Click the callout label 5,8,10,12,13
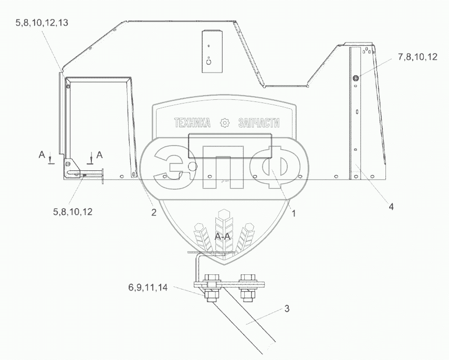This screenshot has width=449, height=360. (x=42, y=23)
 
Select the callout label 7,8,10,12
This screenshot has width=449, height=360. (x=417, y=57)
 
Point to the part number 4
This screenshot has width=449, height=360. (x=391, y=206)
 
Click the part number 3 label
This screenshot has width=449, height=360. (x=287, y=308)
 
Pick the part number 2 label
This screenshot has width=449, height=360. (x=154, y=212)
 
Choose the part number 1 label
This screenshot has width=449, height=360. (x=293, y=213)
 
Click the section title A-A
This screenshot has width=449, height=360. (x=223, y=236)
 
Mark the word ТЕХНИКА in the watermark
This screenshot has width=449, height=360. (x=192, y=123)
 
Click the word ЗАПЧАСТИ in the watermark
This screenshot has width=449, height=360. (x=259, y=123)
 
